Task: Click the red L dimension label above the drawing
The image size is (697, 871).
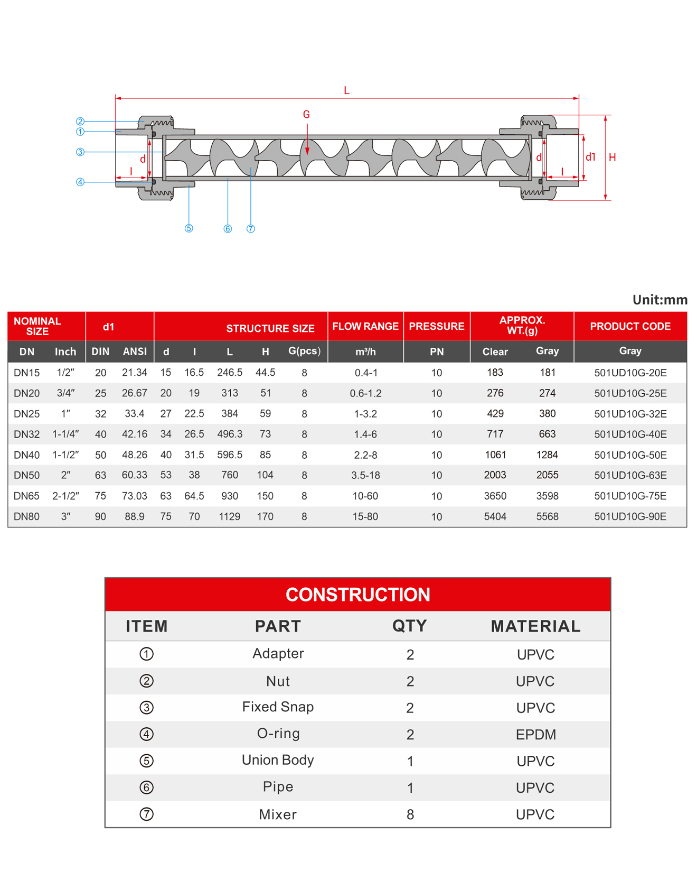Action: [346, 91]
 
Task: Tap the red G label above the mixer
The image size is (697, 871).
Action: [306, 115]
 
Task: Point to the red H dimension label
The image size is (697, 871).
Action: [612, 157]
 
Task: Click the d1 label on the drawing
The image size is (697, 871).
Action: [591, 157]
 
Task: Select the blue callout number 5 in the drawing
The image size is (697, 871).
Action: [189, 228]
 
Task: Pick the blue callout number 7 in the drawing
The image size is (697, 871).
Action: [251, 229]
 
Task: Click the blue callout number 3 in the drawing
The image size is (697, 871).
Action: [80, 152]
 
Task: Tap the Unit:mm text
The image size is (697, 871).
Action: [660, 300]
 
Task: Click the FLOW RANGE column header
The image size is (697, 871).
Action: [365, 327]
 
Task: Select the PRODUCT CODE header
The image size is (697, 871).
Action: [630, 327]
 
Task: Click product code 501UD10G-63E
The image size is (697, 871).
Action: [630, 475]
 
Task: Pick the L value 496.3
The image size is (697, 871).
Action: [230, 434]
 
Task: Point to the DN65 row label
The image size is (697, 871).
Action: [27, 496]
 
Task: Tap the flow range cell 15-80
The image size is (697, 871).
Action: [365, 517]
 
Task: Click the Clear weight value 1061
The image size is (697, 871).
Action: [495, 455]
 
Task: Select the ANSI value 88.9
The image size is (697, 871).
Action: [135, 517]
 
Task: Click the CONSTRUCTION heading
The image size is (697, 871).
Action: [357, 595]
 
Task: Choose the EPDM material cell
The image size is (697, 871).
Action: [535, 735]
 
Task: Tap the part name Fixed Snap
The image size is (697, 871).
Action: [278, 707]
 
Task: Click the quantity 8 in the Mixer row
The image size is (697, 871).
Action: [410, 814]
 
